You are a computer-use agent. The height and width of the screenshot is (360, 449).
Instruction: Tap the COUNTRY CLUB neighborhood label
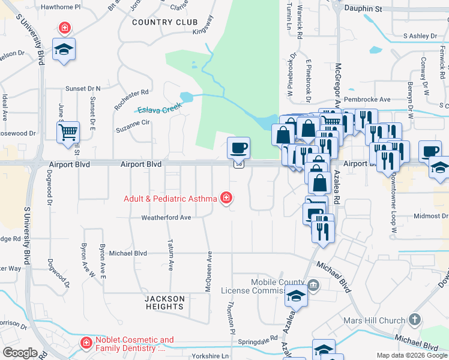pos(164,22)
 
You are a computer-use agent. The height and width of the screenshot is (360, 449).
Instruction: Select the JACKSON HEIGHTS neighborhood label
pos(164,302)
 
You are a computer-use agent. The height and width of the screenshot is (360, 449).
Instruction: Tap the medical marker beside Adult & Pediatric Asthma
pos(226,197)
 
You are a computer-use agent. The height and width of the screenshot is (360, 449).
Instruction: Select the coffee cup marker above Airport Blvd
pos(238,147)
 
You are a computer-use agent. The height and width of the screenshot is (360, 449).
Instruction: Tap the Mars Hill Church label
pos(375,320)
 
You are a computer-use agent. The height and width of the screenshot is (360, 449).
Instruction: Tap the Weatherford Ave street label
pos(166,218)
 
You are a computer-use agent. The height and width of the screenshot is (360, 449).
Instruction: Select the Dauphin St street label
pos(364,10)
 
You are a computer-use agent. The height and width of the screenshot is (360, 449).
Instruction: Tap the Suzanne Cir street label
pos(133,123)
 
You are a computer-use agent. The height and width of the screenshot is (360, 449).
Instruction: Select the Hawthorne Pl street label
pos(60,7)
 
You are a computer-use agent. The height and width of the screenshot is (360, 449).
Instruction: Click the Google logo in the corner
pos(19,353)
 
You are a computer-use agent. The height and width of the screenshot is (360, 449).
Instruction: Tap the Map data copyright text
pos(412,356)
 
